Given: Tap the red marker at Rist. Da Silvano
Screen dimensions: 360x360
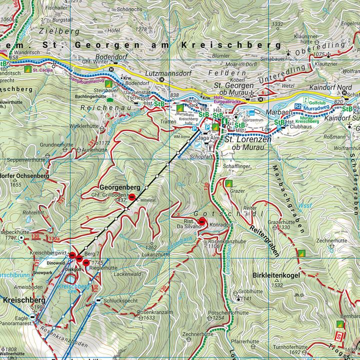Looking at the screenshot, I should (202, 221).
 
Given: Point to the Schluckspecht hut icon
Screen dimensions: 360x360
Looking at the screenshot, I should (98, 300).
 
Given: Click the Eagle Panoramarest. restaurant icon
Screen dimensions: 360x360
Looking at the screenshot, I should (33, 317).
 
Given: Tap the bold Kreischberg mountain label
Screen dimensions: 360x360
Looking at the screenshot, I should (24, 300).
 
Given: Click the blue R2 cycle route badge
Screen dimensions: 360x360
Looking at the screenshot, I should (297, 106).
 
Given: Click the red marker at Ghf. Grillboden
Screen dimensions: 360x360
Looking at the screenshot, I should (132, 198).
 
